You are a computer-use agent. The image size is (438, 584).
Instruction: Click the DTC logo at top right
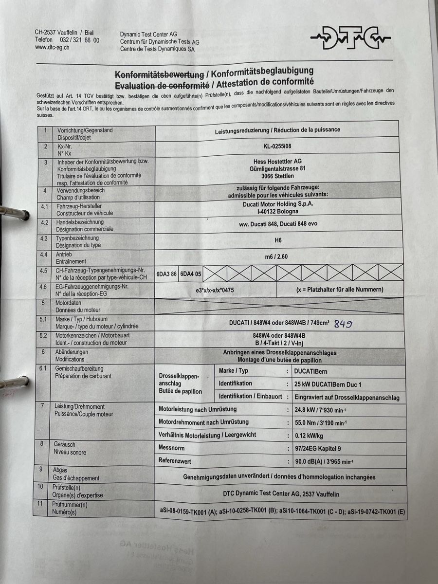(x=350, y=38)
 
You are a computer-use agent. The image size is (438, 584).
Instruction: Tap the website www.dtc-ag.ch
(x=52, y=47)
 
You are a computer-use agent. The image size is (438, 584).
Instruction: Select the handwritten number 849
(x=344, y=324)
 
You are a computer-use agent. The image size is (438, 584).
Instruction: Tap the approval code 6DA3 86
(x=166, y=274)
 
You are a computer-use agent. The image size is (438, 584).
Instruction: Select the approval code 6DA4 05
(x=191, y=274)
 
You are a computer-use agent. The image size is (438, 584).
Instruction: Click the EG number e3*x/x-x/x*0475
(x=215, y=290)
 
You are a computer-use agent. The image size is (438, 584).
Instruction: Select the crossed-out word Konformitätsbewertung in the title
(x=159, y=74)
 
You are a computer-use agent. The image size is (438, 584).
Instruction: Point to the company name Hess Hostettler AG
(x=277, y=161)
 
